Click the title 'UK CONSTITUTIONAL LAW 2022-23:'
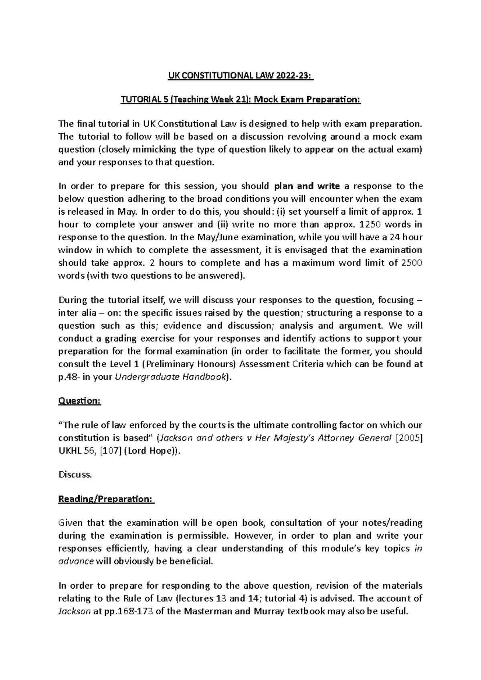pos(240,76)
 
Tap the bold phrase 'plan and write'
pos(307,186)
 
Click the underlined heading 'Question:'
pos(80,401)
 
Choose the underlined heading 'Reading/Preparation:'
pos(106,499)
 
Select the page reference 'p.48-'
pos(69,377)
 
